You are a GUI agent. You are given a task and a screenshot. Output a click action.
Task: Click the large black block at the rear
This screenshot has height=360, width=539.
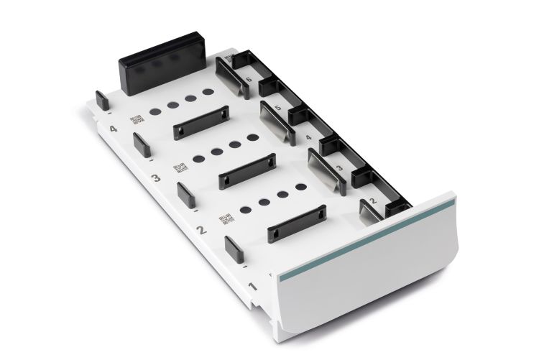pos(162,64)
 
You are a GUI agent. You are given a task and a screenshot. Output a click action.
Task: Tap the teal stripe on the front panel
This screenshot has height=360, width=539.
pos(367,239)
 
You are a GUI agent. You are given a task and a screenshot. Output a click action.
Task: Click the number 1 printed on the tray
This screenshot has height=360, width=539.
pos(253,286)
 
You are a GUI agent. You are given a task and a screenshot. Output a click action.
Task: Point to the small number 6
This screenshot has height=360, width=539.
pos(249,79)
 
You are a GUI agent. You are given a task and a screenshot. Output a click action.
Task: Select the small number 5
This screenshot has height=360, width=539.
pos(277,108)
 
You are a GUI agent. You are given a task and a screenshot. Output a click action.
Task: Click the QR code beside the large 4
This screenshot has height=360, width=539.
pos(137,119)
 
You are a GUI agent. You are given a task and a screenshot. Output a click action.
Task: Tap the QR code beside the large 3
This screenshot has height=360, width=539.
pos(180,168)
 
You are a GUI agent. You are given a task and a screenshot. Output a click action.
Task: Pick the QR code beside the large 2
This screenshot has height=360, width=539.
pos(226,218)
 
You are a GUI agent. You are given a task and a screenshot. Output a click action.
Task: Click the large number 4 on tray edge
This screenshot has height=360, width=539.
pos(113,129)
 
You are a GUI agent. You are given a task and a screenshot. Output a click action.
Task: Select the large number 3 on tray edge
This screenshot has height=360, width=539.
pos(156,177)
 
